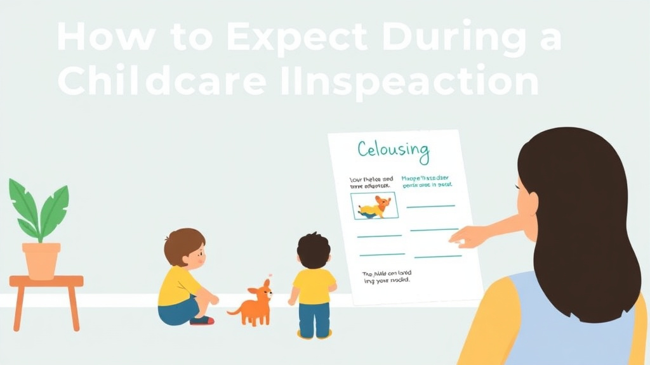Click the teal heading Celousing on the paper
coord(393,151)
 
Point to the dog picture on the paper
coord(375,206)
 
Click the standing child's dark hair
coord(314,249)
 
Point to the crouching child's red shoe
coord(201,320)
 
